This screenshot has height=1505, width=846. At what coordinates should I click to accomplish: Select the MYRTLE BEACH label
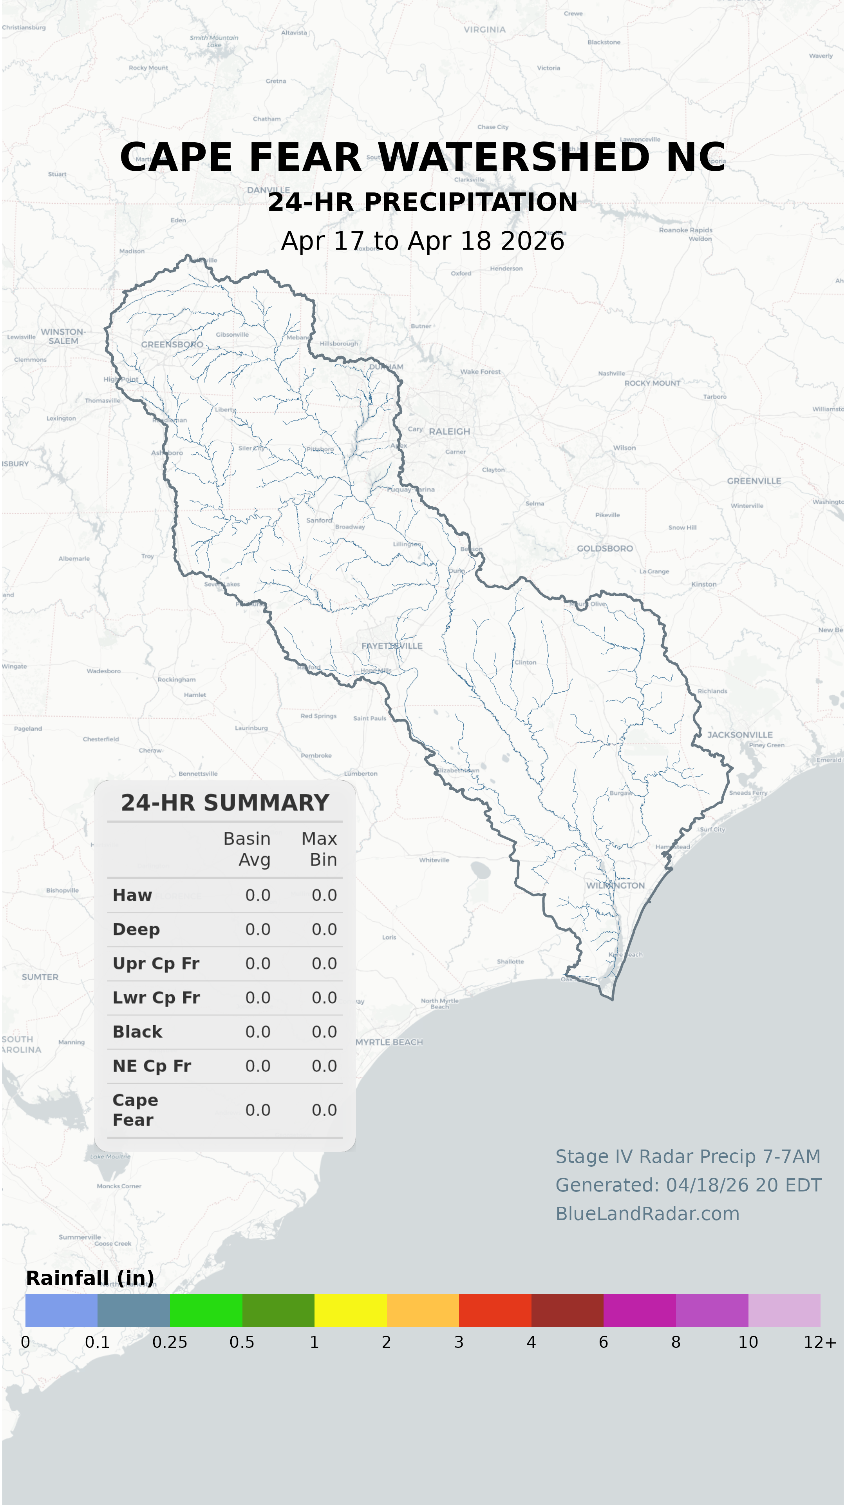(389, 1042)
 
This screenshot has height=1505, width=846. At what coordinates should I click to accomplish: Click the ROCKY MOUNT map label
(652, 383)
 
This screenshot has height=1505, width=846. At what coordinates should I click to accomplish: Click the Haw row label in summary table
(132, 895)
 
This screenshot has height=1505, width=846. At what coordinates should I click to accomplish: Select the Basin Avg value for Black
(257, 1032)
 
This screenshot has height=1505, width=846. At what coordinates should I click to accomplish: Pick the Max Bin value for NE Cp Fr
(324, 1066)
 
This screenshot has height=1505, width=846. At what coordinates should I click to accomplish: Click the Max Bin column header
(319, 849)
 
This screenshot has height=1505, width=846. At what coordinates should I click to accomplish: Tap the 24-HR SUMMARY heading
(225, 803)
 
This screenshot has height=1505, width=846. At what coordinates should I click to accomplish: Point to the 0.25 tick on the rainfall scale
(170, 1342)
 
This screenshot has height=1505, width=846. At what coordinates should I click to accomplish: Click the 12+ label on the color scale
(820, 1342)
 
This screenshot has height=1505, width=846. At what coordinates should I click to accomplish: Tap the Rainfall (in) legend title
(90, 1278)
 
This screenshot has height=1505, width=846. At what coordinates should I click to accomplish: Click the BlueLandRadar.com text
(647, 1213)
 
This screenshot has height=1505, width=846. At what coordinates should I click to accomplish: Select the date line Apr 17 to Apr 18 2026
(423, 241)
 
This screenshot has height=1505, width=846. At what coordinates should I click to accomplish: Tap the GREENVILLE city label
(753, 481)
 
